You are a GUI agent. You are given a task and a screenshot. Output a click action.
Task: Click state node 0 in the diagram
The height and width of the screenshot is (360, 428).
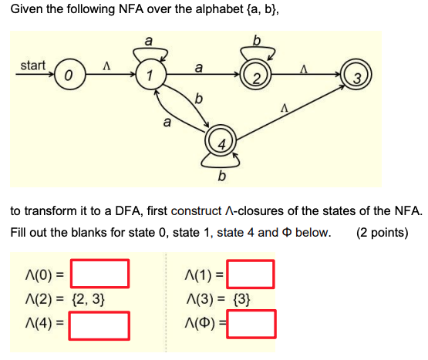pyautogui.click(x=69, y=76)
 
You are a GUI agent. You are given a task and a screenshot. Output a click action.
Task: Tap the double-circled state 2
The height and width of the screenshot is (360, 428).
pyautogui.click(x=254, y=76)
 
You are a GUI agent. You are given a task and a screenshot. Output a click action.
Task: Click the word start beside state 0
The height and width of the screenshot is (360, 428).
pyautogui.click(x=32, y=66)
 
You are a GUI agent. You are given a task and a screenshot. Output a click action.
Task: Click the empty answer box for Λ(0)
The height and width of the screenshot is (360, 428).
pyautogui.click(x=99, y=274)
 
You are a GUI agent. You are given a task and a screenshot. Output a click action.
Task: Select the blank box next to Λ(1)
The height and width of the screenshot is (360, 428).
pyautogui.click(x=250, y=274)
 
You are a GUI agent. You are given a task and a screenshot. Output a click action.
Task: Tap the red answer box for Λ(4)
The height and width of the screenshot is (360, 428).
pyautogui.click(x=99, y=324)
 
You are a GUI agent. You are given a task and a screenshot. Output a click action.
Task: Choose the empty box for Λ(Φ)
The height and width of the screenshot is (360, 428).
pyautogui.click(x=250, y=324)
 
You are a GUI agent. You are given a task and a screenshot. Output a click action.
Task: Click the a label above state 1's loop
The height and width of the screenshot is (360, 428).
pyautogui.click(x=148, y=39)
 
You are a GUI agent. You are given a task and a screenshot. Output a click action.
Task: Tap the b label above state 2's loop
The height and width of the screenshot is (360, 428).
pyautogui.click(x=257, y=39)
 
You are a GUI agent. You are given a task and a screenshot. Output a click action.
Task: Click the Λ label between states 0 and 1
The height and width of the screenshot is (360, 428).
pyautogui.click(x=107, y=66)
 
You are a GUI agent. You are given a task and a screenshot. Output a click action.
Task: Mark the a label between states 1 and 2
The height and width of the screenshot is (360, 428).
pyautogui.click(x=200, y=68)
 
